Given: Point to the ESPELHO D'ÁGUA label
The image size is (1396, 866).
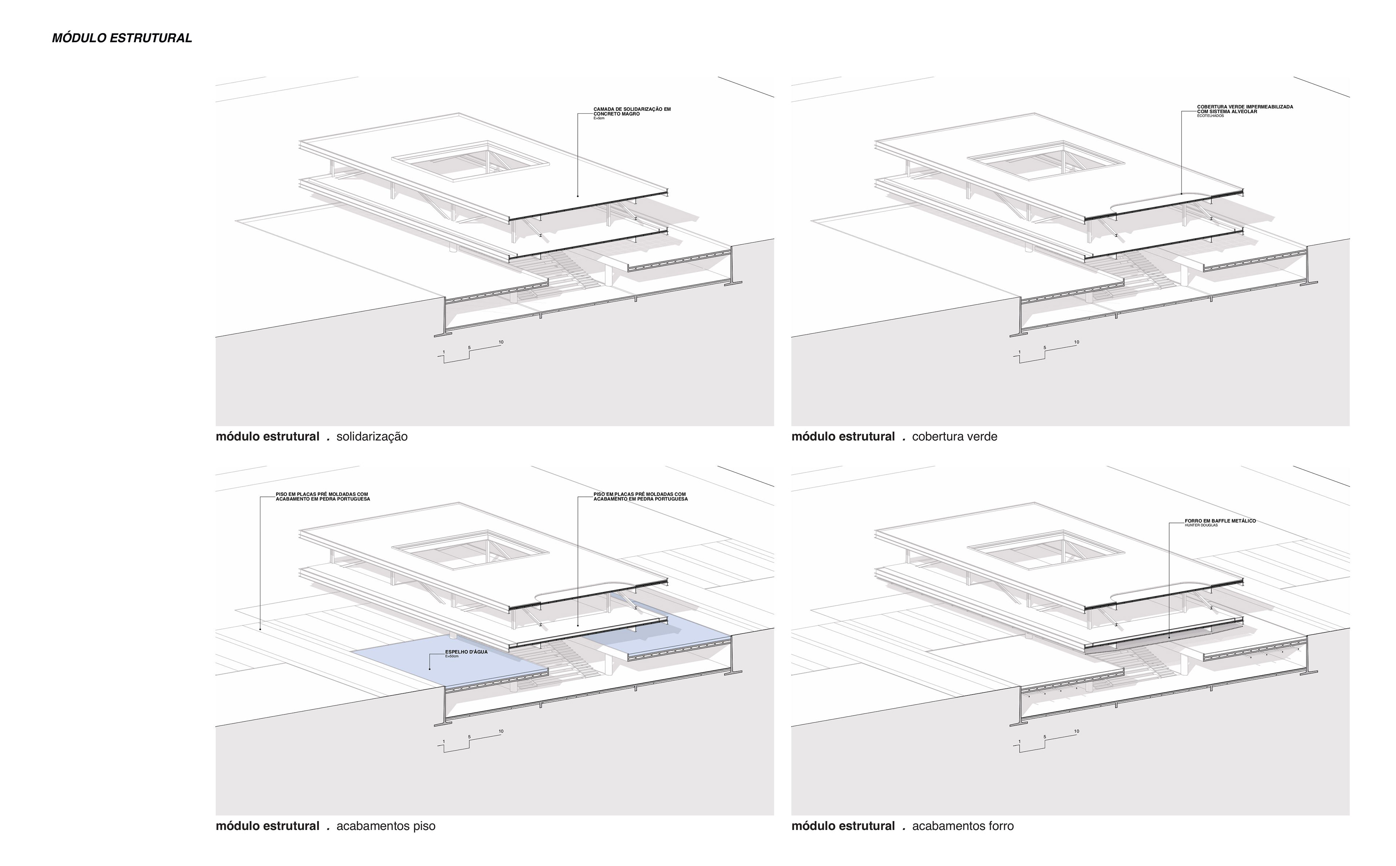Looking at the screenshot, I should (466, 652).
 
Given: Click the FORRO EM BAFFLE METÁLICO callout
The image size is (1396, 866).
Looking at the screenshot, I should (1220, 521).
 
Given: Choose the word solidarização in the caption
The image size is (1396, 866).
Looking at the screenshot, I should (372, 437).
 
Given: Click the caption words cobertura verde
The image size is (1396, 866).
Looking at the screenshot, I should (954, 437).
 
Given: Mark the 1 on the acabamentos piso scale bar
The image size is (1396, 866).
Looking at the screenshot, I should (444, 742).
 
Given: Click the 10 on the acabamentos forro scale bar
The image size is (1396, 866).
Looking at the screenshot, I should (1076, 732).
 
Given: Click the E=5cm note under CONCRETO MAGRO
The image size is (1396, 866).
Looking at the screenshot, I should (599, 118).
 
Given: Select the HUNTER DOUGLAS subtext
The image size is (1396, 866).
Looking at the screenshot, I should (1201, 525).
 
